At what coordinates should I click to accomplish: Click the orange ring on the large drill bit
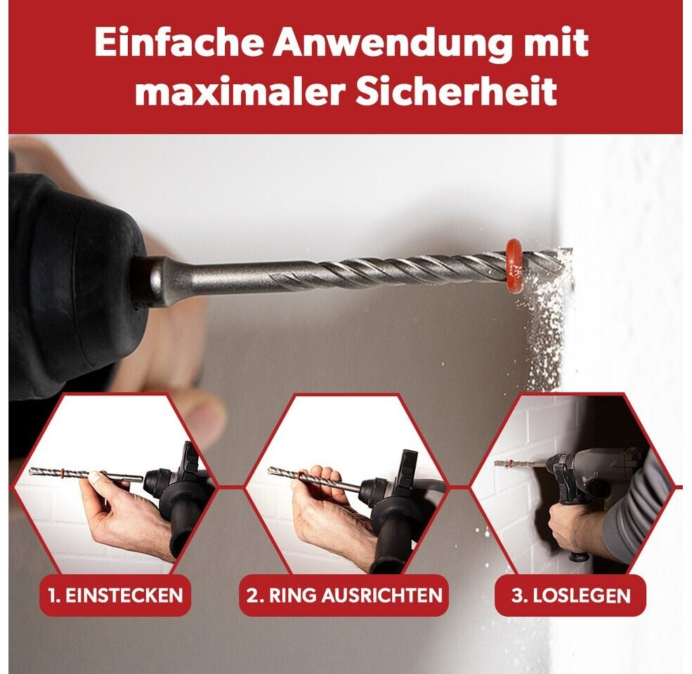514,266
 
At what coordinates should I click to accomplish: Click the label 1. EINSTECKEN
116,595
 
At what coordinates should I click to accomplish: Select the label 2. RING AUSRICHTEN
344,595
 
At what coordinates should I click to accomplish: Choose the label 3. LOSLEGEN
571,595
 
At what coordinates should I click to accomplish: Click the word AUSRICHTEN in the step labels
381,595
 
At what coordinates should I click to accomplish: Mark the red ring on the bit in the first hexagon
64,473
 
